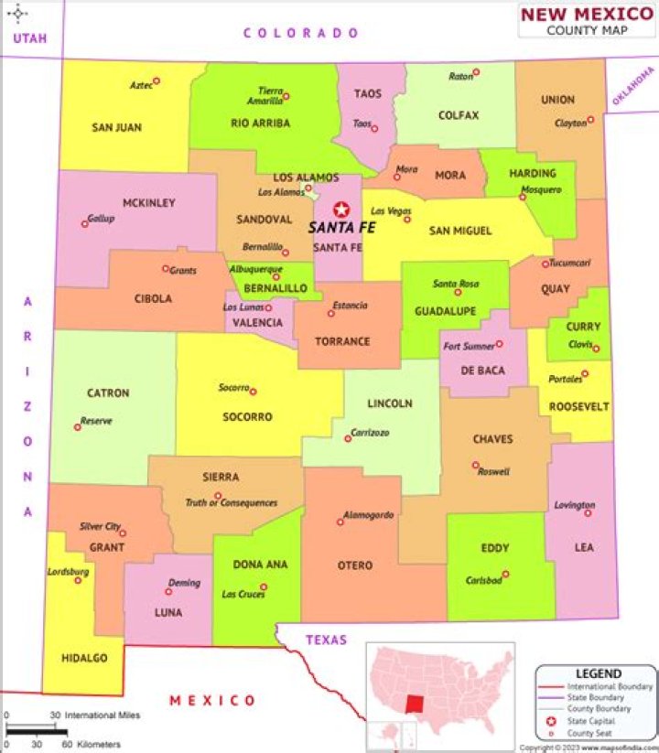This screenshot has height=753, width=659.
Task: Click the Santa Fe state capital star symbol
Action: [x=341, y=210]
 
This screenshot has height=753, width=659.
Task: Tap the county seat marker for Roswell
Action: [x=475, y=465]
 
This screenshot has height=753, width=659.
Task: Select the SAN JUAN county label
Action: [x=116, y=127]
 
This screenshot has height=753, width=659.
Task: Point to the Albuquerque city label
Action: [x=255, y=269]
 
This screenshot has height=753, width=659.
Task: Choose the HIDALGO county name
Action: [x=84, y=658]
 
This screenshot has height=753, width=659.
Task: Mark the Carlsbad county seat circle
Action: [x=505, y=575]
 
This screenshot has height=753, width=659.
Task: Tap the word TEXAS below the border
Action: [x=327, y=640]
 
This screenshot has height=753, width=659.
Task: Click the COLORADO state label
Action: [x=301, y=33]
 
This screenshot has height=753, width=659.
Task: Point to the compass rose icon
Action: [x=18, y=14]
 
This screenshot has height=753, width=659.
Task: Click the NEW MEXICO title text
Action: [x=587, y=14]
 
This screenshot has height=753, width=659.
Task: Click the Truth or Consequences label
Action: [x=231, y=502]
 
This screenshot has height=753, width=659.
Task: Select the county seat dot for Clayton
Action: [x=590, y=119]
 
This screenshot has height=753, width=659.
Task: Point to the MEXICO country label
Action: [x=212, y=700]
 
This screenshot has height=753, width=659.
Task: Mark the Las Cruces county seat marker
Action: [x=264, y=587]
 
